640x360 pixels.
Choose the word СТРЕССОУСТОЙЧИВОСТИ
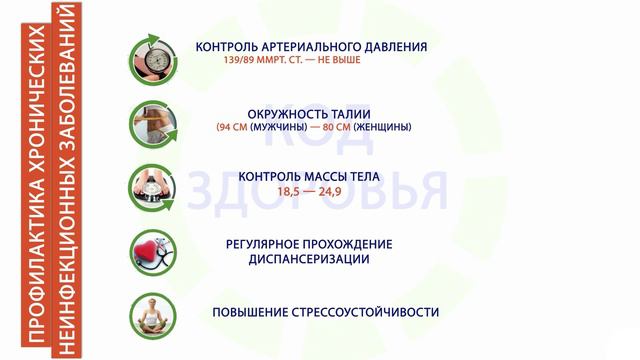coord(362,312)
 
